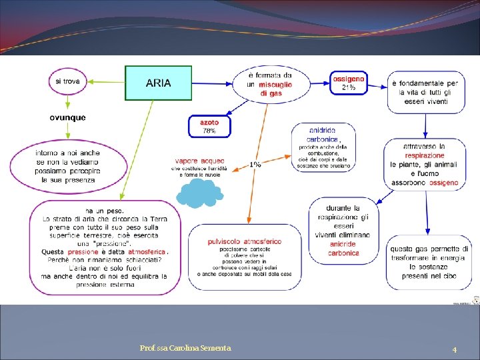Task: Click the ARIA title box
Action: (x=158, y=83)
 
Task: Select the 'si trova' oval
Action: (x=67, y=82)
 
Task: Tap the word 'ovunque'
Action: (x=67, y=118)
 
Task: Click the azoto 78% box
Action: (x=209, y=126)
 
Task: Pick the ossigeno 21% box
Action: (x=348, y=83)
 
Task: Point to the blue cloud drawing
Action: (x=199, y=194)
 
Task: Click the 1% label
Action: (x=255, y=165)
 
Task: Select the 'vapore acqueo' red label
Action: (x=200, y=161)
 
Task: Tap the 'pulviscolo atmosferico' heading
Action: (x=245, y=241)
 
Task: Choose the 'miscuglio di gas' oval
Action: (x=271, y=85)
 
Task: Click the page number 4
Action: (x=454, y=349)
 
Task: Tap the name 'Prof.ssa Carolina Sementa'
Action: (x=186, y=348)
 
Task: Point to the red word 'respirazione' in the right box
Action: (x=425, y=155)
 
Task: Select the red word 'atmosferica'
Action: (x=147, y=252)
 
